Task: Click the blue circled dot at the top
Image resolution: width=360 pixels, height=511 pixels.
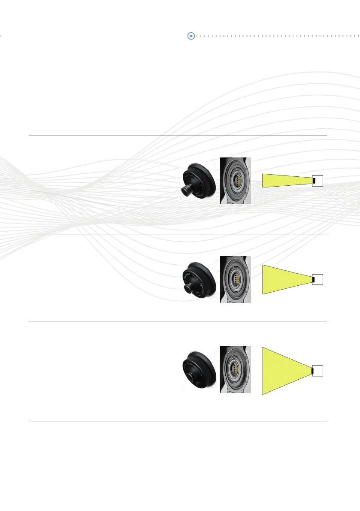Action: (191, 36)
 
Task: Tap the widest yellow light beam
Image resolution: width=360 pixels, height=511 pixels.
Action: (283, 370)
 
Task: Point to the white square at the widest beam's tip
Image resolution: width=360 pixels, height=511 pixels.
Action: (318, 371)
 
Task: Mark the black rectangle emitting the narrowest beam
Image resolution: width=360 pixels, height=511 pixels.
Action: (314, 181)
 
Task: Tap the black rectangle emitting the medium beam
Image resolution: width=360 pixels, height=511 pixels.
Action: (314, 280)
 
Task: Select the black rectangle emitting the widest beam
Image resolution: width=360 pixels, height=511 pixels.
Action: (313, 371)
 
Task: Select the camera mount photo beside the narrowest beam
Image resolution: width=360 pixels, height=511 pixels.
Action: (236, 181)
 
